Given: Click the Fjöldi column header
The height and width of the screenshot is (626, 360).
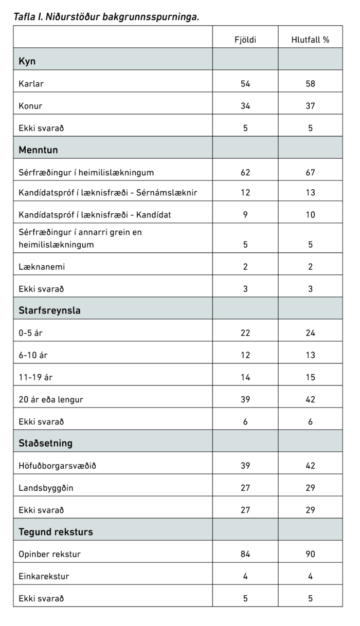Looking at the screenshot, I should (x=245, y=40).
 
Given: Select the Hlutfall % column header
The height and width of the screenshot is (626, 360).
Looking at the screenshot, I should (x=310, y=40).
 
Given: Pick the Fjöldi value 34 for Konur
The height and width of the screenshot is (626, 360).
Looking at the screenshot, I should (x=245, y=106).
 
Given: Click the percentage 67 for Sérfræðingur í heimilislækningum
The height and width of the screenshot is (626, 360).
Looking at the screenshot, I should (x=310, y=172).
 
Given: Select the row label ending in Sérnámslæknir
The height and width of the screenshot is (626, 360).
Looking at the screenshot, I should (x=107, y=193).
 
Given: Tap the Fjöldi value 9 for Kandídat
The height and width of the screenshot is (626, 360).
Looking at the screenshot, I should (x=245, y=215).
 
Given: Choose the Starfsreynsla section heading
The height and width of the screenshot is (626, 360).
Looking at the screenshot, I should (x=49, y=310).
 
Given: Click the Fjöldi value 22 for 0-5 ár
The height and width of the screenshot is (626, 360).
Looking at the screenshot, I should (x=245, y=333).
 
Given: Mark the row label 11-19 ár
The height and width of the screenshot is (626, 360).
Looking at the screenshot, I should (x=35, y=377).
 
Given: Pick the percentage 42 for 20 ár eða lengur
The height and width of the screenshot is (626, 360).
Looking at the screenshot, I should (x=310, y=399).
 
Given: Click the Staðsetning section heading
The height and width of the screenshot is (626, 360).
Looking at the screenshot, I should (x=45, y=443).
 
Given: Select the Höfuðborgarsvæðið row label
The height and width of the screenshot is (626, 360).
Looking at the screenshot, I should (x=57, y=466).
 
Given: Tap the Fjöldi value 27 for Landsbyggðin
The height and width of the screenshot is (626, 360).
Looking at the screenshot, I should (x=245, y=488).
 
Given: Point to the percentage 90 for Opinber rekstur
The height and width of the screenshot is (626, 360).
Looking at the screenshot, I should (x=310, y=554).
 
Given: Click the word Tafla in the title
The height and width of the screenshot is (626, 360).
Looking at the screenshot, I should (x=24, y=16).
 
